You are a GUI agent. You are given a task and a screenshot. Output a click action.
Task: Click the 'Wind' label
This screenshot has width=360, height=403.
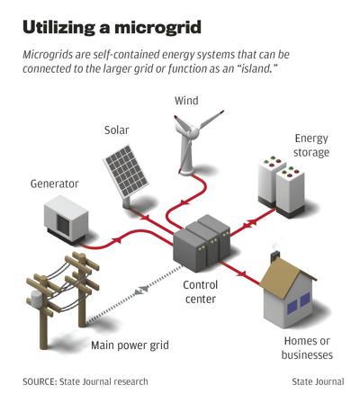pos(186,101)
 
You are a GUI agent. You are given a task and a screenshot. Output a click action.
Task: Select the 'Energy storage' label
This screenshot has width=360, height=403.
pos(311,145)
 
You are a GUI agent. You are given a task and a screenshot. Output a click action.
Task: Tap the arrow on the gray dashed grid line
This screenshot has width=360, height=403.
pos(139,289)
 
